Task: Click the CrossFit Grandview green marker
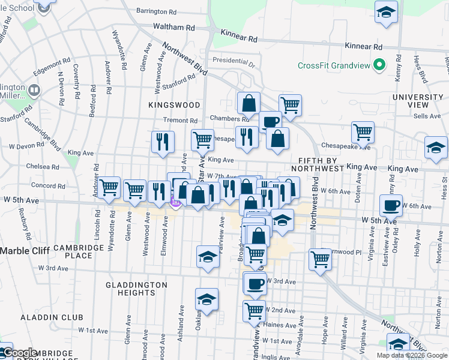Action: tap(379, 65)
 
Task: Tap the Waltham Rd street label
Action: tap(175, 28)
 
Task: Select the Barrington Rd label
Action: tap(156, 11)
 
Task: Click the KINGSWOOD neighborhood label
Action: tap(174, 104)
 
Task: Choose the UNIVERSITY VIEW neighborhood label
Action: tap(418, 101)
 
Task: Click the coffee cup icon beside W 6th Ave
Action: tap(391, 206)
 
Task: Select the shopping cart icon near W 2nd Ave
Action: tap(255, 311)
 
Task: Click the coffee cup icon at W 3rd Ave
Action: tap(255, 284)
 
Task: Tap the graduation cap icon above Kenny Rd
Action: tap(387, 11)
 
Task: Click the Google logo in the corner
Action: tap(20, 353)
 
